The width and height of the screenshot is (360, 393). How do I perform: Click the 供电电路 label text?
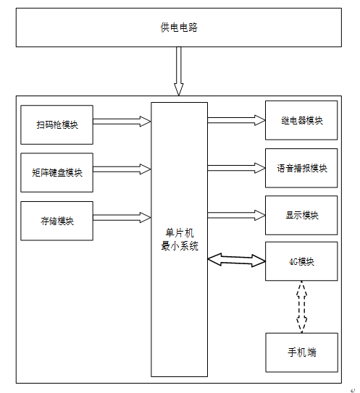(179, 28)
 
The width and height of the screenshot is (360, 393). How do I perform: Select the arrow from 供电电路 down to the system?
(179, 71)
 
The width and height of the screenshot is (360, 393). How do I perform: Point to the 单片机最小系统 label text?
(180, 240)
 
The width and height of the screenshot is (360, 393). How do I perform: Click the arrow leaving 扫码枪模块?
(122, 122)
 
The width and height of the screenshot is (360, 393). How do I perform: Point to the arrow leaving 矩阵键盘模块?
(122, 169)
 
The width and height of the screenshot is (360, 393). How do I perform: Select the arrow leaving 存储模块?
(122, 218)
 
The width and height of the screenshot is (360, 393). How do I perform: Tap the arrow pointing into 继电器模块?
(236, 120)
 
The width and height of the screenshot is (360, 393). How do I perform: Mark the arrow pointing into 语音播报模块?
(236, 168)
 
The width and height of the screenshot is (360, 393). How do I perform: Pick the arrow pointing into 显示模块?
(236, 215)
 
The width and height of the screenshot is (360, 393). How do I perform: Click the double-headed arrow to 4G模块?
(237, 260)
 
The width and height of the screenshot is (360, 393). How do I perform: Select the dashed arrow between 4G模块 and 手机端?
(301, 307)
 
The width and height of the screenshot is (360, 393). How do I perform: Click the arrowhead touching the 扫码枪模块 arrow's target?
(146, 122)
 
